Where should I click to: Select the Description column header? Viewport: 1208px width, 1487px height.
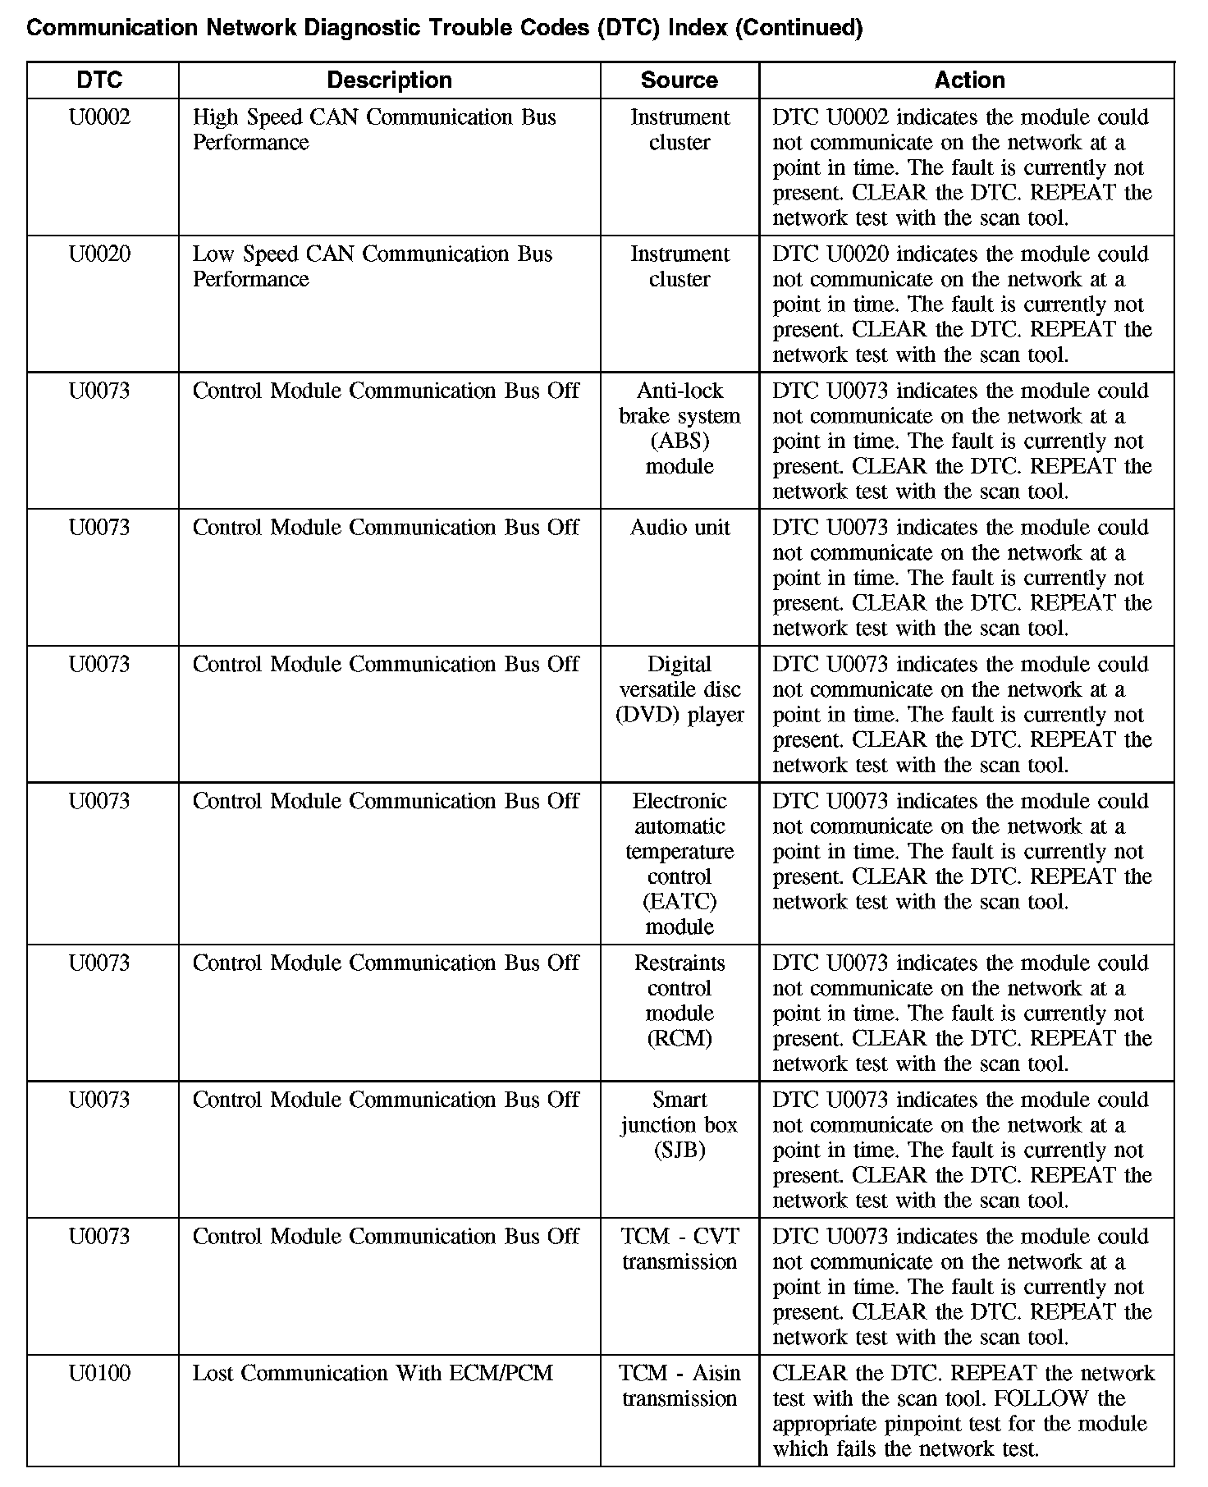tap(389, 80)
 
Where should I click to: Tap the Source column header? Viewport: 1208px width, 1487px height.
tap(679, 80)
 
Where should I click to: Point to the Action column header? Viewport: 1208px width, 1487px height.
tap(969, 80)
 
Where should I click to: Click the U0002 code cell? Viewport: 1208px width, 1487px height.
tap(99, 117)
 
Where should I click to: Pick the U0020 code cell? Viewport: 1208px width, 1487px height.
tap(99, 254)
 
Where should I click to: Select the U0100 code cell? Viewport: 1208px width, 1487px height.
tap(99, 1373)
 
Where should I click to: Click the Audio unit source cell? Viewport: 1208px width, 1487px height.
tap(679, 528)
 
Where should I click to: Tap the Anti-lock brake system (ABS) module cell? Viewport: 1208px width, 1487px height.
tap(679, 428)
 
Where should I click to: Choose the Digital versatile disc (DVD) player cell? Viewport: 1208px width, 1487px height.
tap(679, 689)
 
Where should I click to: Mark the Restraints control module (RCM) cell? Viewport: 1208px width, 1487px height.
tap(679, 1000)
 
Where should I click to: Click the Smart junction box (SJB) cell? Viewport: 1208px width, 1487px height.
tap(679, 1124)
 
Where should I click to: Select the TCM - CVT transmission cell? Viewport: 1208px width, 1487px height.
tap(679, 1249)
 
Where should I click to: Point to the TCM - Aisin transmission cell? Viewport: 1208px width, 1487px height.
tap(679, 1385)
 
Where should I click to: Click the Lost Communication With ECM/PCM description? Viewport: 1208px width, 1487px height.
tap(373, 1373)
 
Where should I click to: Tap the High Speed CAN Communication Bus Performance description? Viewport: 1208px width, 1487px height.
tap(374, 130)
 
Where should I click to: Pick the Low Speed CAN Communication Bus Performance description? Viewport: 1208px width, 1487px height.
tap(373, 267)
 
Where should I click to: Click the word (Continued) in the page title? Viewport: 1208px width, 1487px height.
tap(798, 29)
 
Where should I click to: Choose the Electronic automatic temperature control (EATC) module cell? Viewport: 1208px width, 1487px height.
tap(679, 863)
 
